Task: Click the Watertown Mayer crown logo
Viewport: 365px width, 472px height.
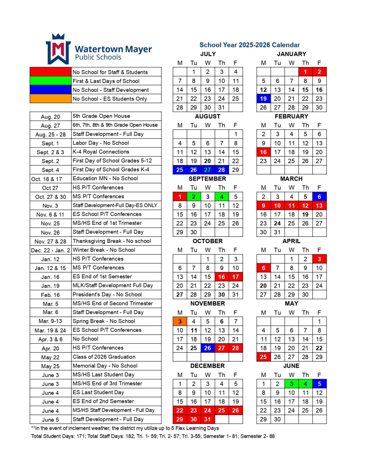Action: (x=58, y=49)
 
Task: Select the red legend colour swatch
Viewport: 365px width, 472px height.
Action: (x=50, y=72)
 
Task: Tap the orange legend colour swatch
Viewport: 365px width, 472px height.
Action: (x=50, y=99)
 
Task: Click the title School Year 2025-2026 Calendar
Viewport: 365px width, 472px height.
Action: (x=249, y=45)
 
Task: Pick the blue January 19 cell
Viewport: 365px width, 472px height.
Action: (x=263, y=99)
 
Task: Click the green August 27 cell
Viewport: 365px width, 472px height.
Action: (x=208, y=170)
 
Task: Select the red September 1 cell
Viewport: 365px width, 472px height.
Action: (x=180, y=197)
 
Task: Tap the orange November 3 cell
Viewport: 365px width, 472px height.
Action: (x=180, y=321)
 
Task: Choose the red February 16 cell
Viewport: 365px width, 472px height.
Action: (x=263, y=152)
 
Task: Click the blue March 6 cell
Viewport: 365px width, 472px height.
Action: (x=319, y=197)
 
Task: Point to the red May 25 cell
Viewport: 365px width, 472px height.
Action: (x=263, y=357)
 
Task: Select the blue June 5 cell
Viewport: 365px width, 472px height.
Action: (x=319, y=384)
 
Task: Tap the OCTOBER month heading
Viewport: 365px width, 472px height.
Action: (x=208, y=241)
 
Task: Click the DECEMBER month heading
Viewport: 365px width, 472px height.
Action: (x=208, y=366)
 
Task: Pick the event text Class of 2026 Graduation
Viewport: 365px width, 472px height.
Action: (x=104, y=357)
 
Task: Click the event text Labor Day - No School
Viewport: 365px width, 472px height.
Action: (x=101, y=143)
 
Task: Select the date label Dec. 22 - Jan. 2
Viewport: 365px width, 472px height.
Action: (x=50, y=250)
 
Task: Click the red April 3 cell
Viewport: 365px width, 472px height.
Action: (x=319, y=259)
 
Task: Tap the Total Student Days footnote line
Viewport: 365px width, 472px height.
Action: (x=153, y=436)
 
